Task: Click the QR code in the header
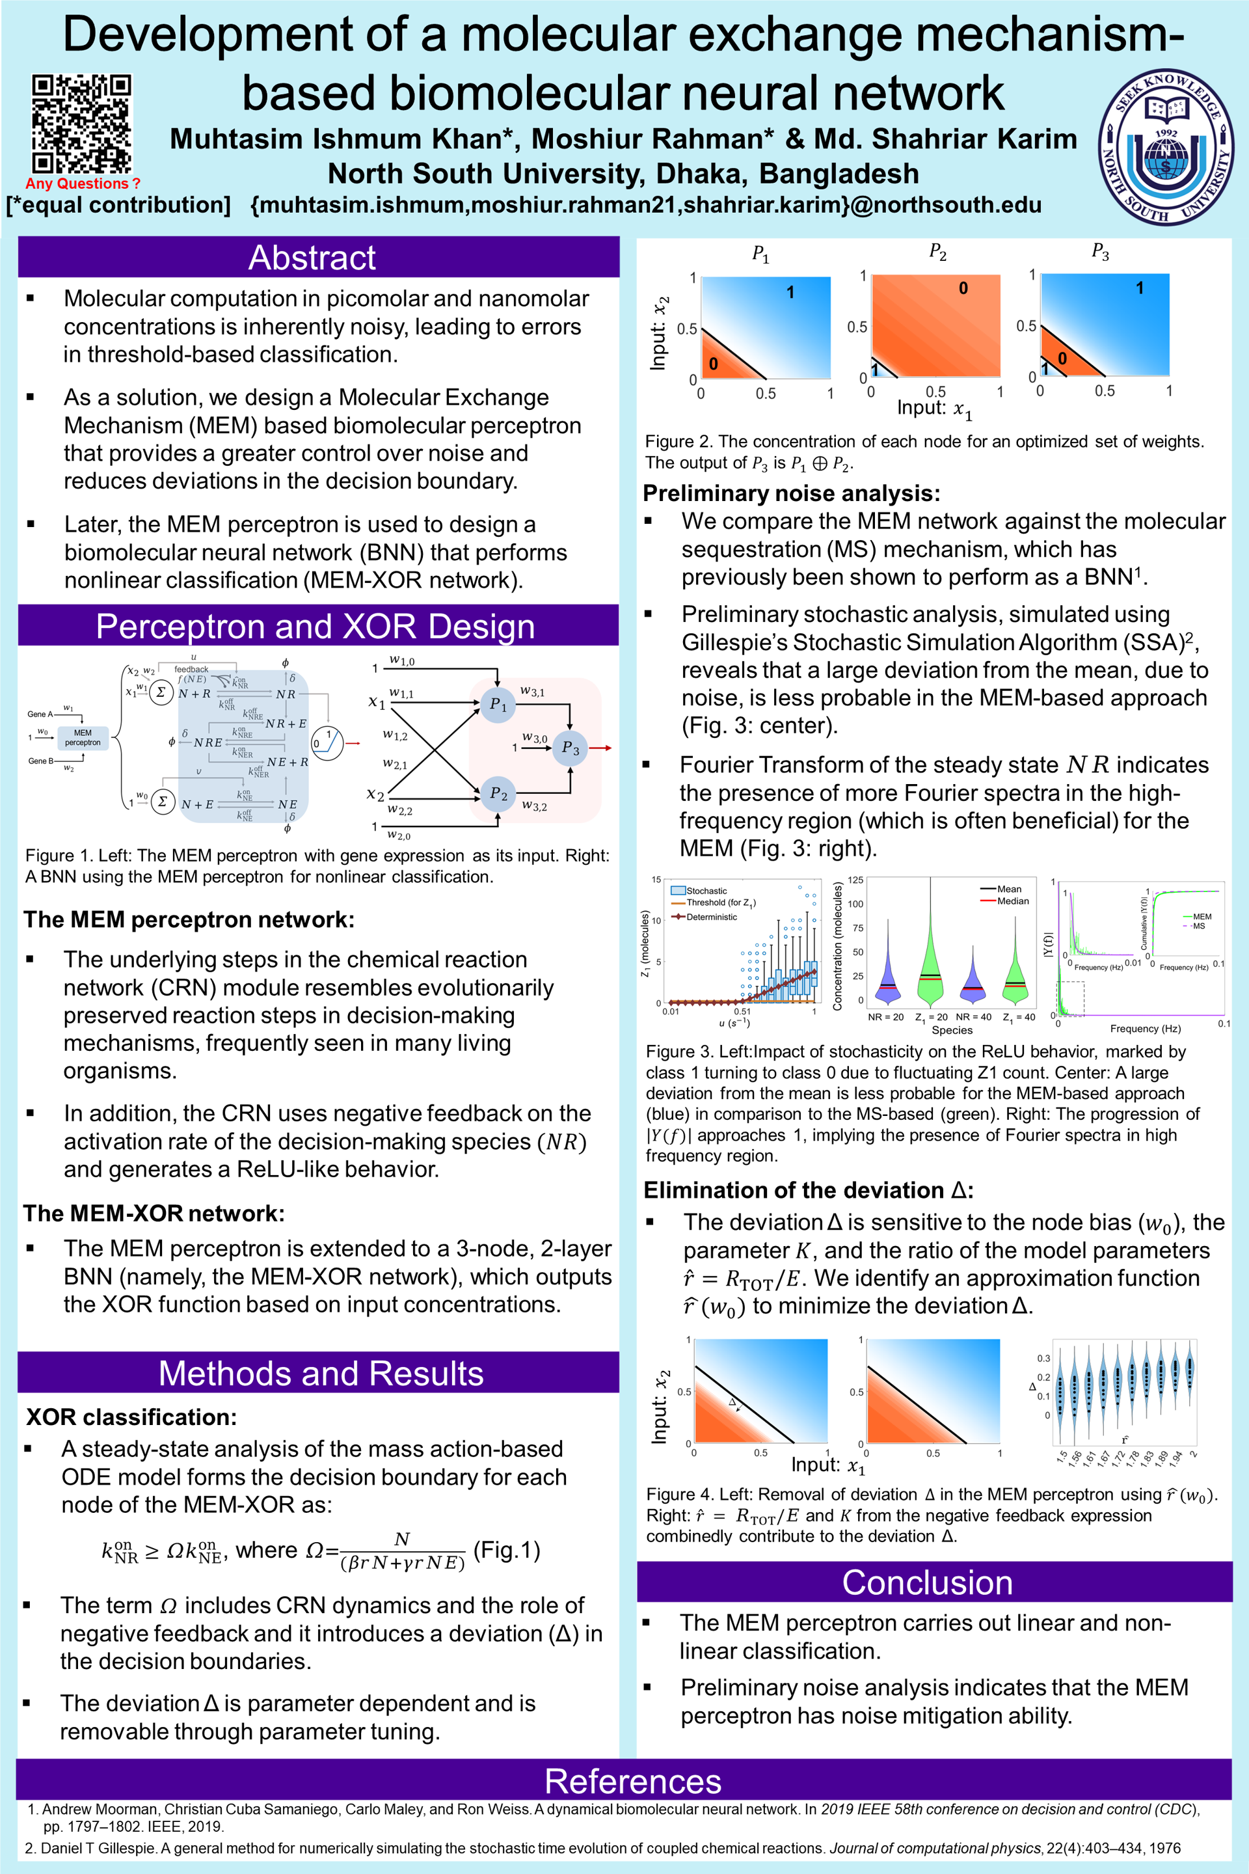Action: [81, 123]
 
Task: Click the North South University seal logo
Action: [1166, 146]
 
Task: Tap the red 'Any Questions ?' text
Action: [83, 183]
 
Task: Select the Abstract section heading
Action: [312, 258]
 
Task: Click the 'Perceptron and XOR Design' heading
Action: [316, 626]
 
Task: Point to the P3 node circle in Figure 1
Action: [571, 748]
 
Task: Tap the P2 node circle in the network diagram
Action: [498, 794]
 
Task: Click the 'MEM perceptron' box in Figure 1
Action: [83, 738]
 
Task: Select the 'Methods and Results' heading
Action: [320, 1373]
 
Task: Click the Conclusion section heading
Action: [927, 1582]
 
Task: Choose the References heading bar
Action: [632, 1781]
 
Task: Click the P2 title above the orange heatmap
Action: [937, 252]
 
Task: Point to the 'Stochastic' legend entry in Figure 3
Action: [706, 891]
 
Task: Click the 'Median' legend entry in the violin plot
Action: [1012, 901]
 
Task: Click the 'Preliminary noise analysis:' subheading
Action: [791, 493]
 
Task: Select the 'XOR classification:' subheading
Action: [131, 1417]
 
